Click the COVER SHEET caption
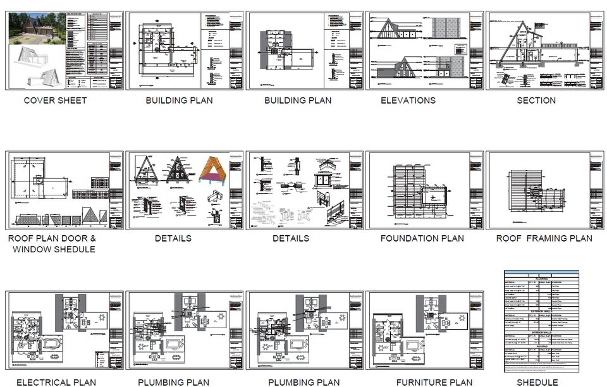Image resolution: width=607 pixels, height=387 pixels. coord(55,100)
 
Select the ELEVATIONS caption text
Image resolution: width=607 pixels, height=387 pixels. coord(408,100)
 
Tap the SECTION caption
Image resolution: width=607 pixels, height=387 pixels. coord(536,100)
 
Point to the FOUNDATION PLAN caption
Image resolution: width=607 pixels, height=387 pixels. coord(422,238)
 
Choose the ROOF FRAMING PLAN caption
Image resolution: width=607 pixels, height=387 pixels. coord(544,238)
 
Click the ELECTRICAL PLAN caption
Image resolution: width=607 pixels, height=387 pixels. coord(56,382)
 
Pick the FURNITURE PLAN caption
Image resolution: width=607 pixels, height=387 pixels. coord(434,382)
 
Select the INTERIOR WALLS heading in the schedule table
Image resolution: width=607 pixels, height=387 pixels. coord(541,331)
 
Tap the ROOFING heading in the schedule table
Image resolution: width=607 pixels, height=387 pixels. coord(541,347)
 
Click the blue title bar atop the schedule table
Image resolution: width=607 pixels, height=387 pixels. coord(541,272)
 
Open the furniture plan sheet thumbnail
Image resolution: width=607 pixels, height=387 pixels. coord(425,329)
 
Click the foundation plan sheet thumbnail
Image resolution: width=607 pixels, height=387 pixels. coord(425,190)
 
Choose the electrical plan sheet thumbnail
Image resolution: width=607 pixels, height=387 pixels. coord(64,329)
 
